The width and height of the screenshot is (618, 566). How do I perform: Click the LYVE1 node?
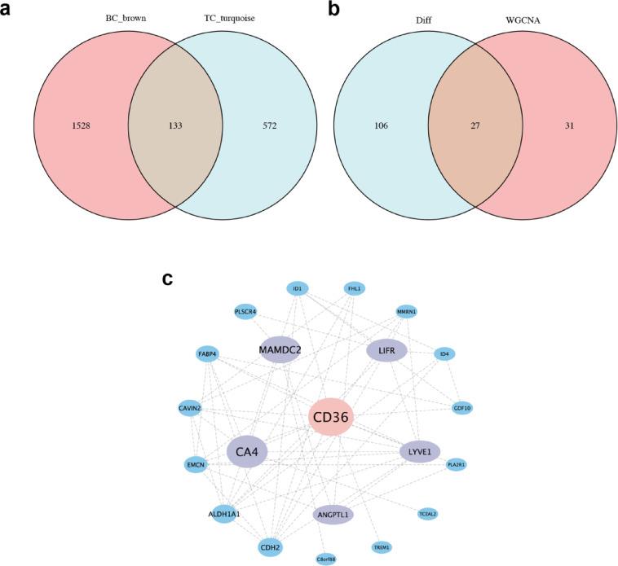pyautogui.click(x=420, y=451)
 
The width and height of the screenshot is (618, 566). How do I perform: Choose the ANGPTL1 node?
pyautogui.click(x=333, y=515)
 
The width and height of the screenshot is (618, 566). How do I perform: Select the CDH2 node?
pyautogui.click(x=270, y=547)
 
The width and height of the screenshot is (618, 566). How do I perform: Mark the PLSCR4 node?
pyautogui.click(x=245, y=311)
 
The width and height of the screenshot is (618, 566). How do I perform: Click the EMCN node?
pyautogui.click(x=196, y=464)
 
